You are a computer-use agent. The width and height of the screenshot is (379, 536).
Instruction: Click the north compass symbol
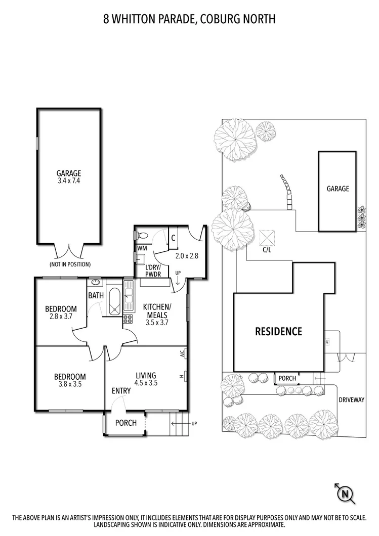point(345,494)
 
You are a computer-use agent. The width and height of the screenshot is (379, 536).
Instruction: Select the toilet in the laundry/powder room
point(141,236)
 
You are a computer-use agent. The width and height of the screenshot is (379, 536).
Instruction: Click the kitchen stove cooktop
point(128,319)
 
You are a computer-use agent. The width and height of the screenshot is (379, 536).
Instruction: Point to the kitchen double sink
point(129,296)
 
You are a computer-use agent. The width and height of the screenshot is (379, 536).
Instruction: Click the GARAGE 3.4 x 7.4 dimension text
point(69,181)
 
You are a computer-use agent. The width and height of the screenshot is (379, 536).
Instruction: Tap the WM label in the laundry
point(142,248)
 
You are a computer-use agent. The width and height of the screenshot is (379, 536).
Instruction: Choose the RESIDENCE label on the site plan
point(278,331)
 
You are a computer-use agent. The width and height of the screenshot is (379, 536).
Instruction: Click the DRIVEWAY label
point(351,399)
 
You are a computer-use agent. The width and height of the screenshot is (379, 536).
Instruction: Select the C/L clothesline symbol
point(267,238)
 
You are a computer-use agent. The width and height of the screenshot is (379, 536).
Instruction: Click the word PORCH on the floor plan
point(126,423)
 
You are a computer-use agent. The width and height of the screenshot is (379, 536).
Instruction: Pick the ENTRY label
point(121,390)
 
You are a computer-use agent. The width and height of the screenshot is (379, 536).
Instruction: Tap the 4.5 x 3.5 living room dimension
point(146,383)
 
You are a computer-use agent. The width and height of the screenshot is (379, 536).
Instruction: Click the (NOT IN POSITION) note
point(70,264)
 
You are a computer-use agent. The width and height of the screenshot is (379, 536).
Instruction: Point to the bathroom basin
point(96,282)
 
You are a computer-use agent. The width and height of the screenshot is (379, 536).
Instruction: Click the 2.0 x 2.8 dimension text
point(187,255)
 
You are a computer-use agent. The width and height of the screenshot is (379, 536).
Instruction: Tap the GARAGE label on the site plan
point(338,189)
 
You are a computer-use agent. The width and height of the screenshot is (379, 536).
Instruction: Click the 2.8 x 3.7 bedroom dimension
point(61,316)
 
